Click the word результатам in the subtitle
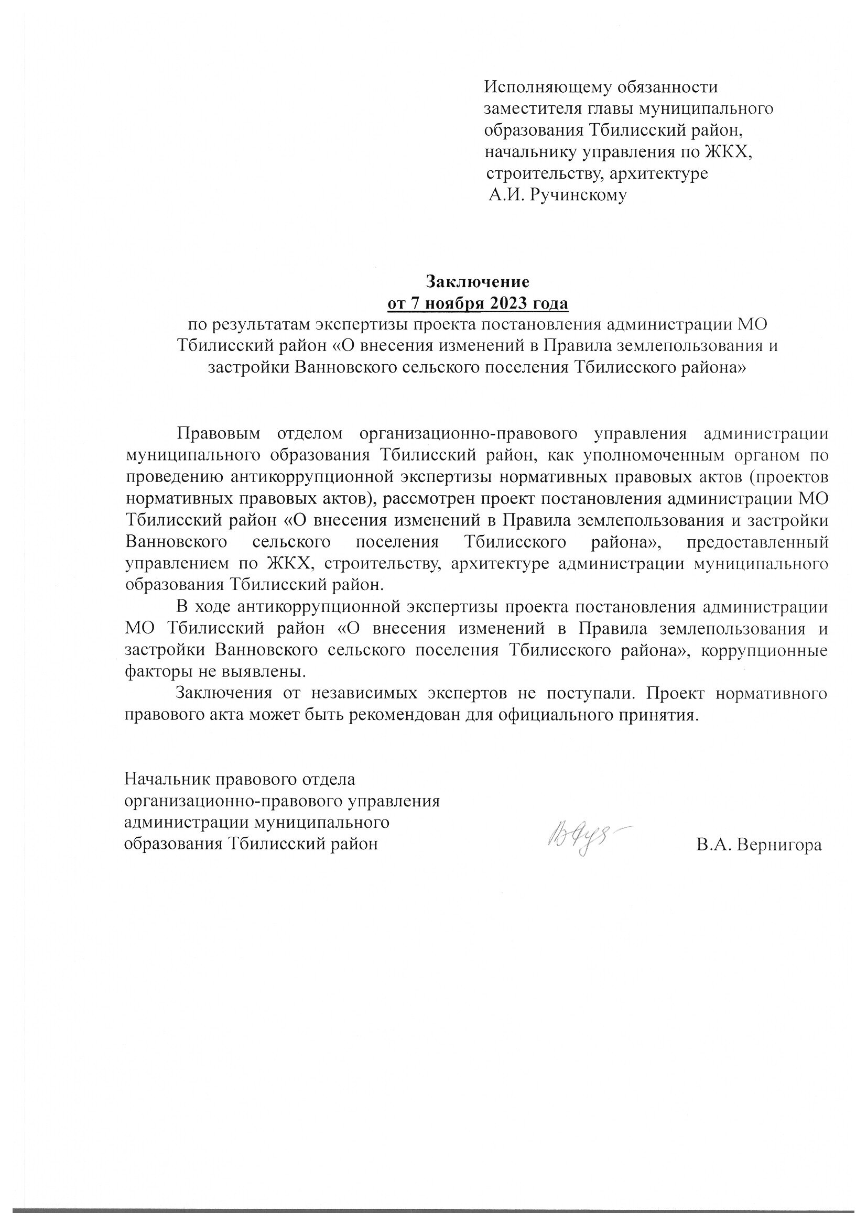[258, 324]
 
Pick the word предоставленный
[757, 542]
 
